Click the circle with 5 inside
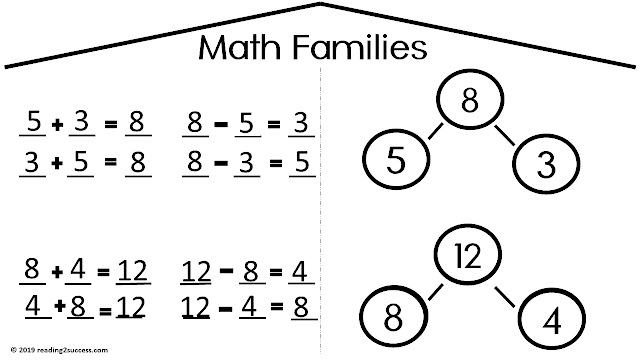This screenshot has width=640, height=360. click(396, 160)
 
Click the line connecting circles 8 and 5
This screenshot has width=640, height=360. click(438, 132)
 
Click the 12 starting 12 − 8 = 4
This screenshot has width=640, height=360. click(197, 270)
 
